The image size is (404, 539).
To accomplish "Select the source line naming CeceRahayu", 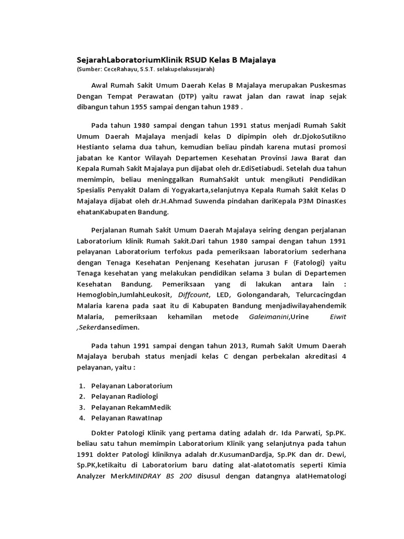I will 146,69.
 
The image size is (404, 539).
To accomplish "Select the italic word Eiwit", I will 338,316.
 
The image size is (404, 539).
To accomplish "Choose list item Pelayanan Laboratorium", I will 132,385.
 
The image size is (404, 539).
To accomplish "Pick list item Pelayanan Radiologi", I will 124,396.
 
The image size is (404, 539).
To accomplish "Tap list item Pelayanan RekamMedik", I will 131,407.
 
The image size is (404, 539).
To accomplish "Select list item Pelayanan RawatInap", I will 127,418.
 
